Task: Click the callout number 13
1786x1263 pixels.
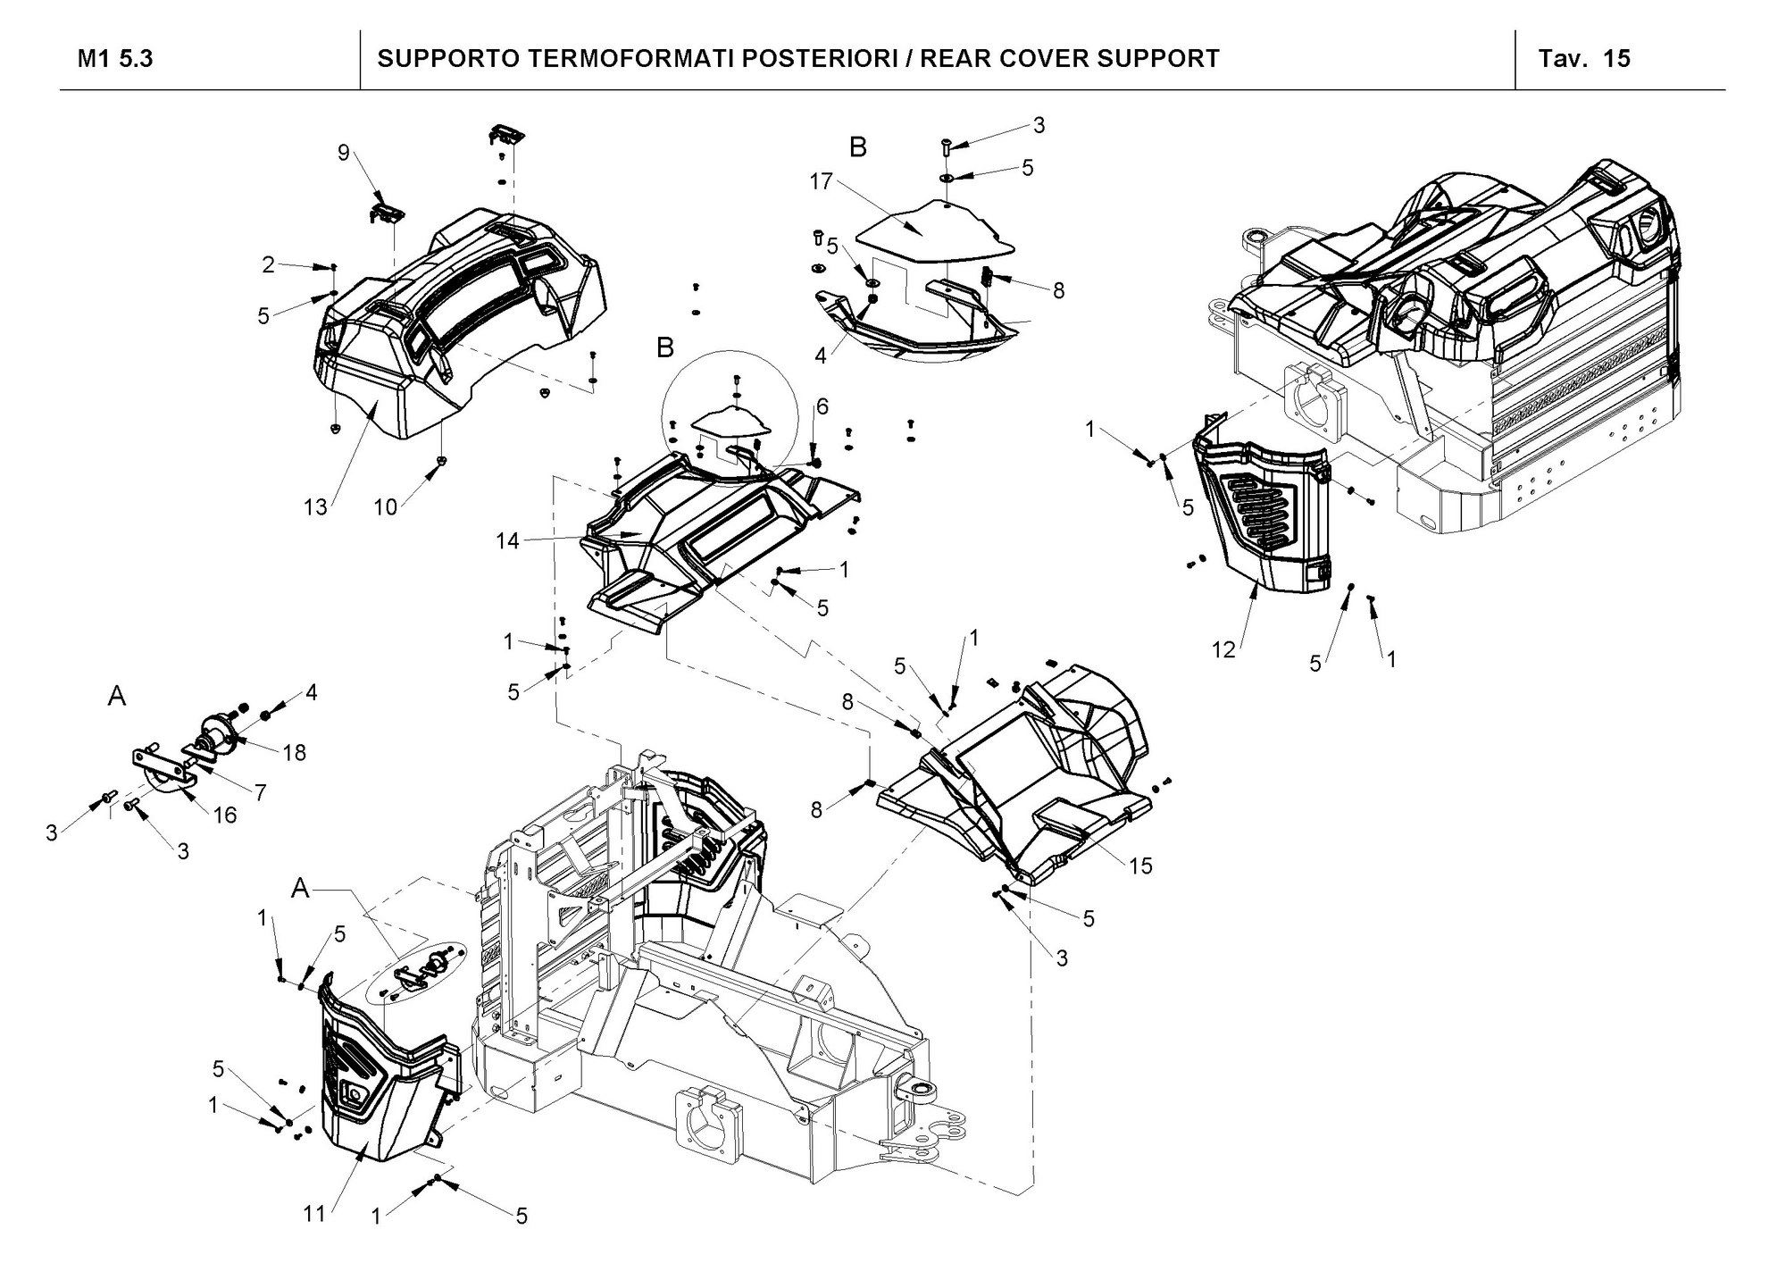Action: tap(315, 507)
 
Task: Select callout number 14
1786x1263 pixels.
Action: tap(508, 541)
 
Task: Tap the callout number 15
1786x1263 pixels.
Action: tap(1140, 866)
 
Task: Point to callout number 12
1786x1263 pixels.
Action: tap(1223, 649)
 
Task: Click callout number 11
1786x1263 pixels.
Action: tap(313, 1214)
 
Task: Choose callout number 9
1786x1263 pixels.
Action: tap(344, 153)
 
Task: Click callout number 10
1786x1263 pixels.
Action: tap(385, 507)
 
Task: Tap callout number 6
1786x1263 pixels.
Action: tap(822, 407)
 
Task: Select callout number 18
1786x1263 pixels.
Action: tap(294, 753)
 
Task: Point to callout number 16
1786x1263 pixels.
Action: tap(225, 815)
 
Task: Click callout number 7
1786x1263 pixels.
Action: tap(261, 792)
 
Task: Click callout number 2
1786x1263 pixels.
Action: tap(268, 264)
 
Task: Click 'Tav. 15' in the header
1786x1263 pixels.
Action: tap(1584, 59)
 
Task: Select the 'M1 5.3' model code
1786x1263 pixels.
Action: tap(115, 59)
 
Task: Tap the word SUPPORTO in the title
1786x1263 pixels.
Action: tap(446, 59)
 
